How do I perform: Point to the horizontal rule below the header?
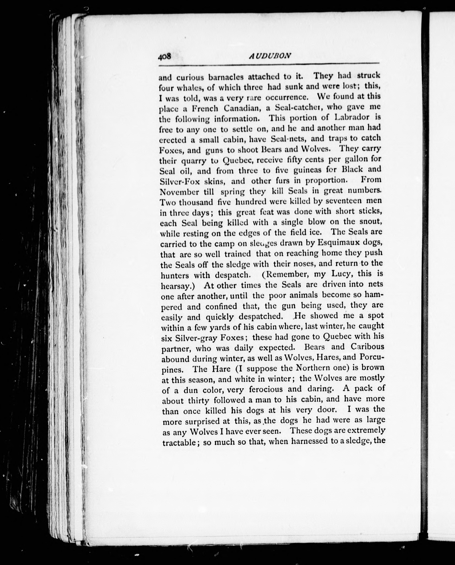tap(269, 64)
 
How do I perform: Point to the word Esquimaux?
tap(339, 242)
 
